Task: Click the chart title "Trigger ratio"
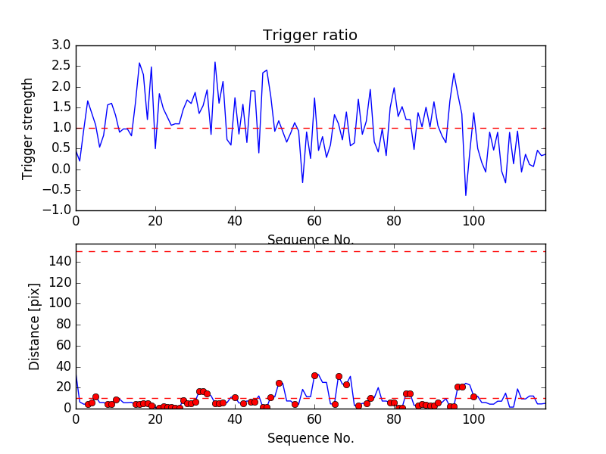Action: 310,36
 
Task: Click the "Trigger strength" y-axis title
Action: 28,128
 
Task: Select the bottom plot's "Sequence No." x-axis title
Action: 310,438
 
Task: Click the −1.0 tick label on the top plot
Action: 59,210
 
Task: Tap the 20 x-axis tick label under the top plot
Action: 155,221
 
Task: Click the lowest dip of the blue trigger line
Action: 466,195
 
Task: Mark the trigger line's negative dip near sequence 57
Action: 302,182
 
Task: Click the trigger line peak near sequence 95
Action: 454,73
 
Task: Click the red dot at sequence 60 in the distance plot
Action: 314,375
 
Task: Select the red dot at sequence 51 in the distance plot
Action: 279,383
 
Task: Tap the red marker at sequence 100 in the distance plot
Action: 473,396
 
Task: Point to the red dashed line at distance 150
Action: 310,251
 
